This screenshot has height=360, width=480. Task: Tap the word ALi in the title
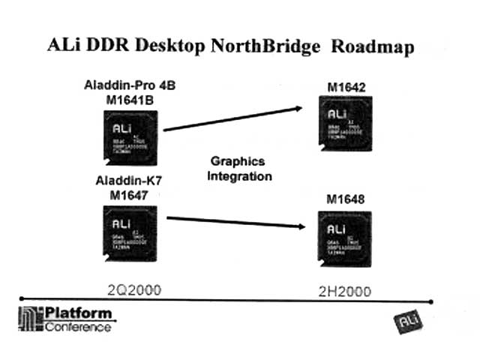point(84,46)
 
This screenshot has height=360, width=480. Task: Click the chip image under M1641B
point(129,136)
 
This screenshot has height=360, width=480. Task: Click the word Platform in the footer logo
point(76,313)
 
